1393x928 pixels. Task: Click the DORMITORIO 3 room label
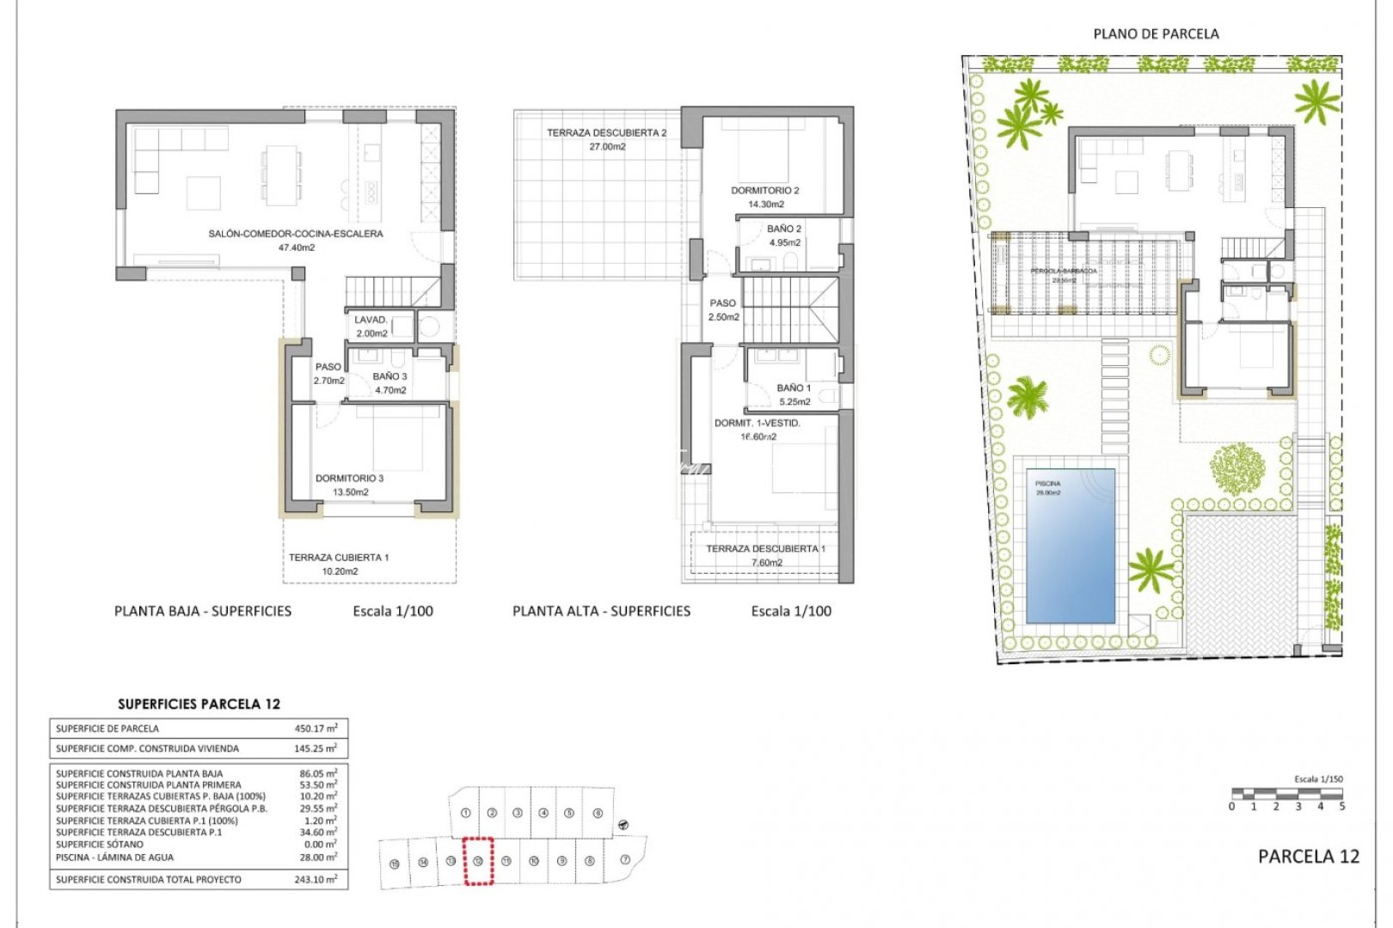(349, 479)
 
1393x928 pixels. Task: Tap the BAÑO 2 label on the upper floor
(784, 229)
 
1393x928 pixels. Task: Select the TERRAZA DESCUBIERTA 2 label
(606, 133)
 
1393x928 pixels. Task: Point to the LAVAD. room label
(371, 320)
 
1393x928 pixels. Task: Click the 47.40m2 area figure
(296, 247)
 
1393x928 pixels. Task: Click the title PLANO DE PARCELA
(1156, 34)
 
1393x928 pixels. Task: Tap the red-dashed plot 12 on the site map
(478, 861)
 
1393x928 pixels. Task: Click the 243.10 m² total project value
(316, 880)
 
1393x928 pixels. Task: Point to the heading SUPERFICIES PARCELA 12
(199, 704)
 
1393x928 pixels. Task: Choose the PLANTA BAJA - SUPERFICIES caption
(203, 611)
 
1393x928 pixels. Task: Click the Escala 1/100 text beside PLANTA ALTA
(791, 611)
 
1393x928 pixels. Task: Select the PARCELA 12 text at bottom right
(1308, 856)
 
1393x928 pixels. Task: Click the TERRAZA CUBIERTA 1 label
(339, 558)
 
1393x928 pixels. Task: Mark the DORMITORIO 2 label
(765, 191)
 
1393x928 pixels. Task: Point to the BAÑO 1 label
(794, 388)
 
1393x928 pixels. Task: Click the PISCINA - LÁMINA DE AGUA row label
(114, 858)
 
